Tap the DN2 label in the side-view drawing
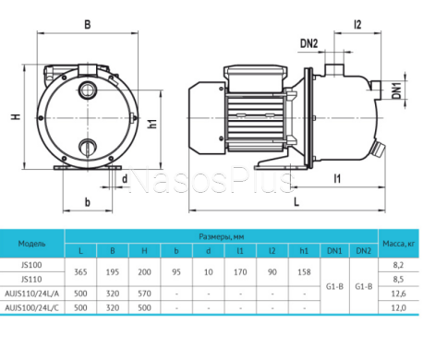[x=308, y=42]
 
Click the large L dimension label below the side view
[x=294, y=201]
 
